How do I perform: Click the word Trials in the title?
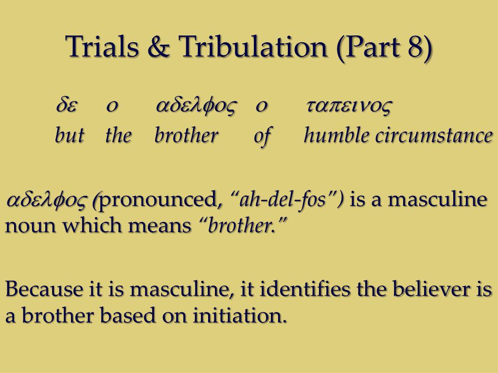click(x=102, y=46)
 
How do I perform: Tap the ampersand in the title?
click(x=159, y=46)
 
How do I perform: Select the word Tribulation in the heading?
click(x=253, y=46)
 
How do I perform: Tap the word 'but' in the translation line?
click(x=70, y=135)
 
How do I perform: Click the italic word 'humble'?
click(x=337, y=135)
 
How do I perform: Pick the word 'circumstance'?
click(x=434, y=136)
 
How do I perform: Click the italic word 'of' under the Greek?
click(x=262, y=136)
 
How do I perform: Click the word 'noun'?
click(x=31, y=226)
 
